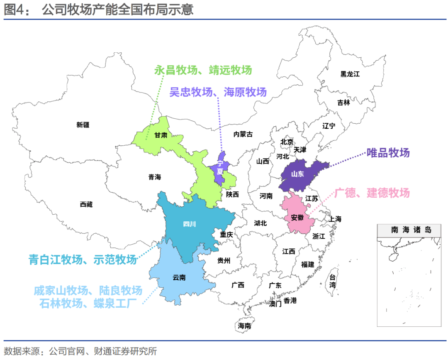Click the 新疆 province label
(x=83, y=125)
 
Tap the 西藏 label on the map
(x=86, y=204)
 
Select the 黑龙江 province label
(x=350, y=74)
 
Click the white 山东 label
(x=297, y=174)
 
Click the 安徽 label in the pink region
(x=297, y=217)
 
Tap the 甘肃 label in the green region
(x=161, y=135)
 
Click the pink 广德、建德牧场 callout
(x=372, y=193)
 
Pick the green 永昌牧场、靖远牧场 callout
(x=203, y=70)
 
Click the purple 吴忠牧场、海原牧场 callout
(x=218, y=92)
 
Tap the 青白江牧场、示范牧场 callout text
(x=82, y=260)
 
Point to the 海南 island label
(x=244, y=326)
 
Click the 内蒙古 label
(x=243, y=134)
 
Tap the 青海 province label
(x=154, y=177)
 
